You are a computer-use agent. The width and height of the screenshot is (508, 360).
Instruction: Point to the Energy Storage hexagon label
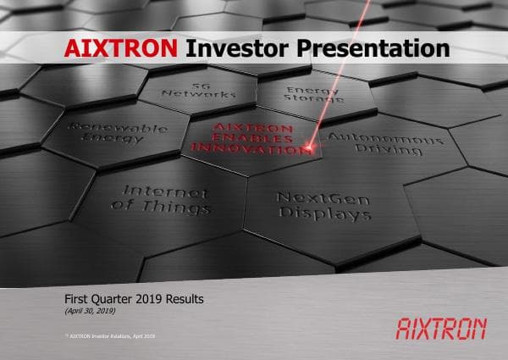312,94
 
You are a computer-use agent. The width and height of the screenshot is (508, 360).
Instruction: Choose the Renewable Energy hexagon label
103,132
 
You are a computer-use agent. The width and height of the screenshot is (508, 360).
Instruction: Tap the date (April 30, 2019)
90,312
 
